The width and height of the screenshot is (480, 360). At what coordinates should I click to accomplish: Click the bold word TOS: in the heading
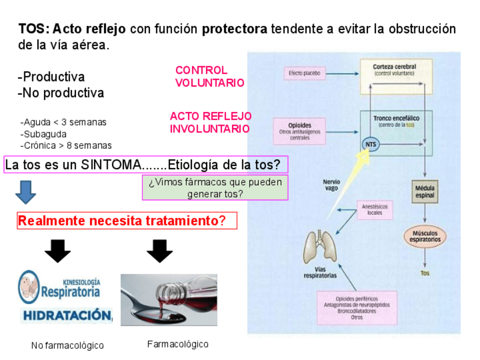click(x=33, y=29)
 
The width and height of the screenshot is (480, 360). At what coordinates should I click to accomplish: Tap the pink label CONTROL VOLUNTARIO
click(x=209, y=76)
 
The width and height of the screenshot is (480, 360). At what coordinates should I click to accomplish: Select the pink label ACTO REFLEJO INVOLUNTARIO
click(x=210, y=122)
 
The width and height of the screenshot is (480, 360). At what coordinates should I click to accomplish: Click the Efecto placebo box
click(x=304, y=73)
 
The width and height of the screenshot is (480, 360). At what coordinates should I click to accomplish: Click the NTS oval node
click(x=370, y=145)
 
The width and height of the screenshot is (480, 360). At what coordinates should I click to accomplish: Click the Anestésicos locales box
click(x=374, y=209)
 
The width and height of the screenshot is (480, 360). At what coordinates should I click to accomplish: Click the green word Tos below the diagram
click(x=425, y=273)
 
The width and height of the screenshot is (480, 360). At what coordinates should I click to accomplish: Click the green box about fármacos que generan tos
click(x=215, y=187)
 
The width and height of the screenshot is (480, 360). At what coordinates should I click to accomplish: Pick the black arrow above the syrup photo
click(x=159, y=251)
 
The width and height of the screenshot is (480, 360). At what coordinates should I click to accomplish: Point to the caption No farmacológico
click(x=67, y=345)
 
